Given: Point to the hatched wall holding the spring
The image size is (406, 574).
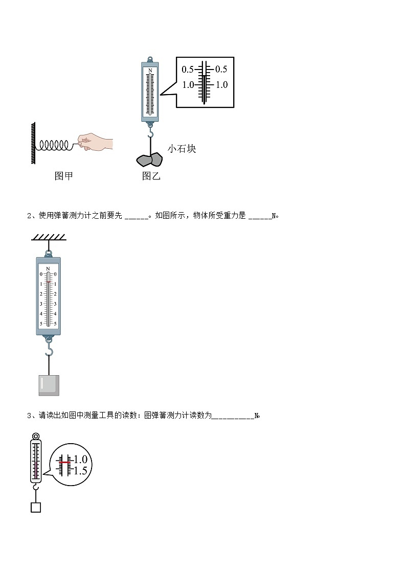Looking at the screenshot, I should pyautogui.click(x=33, y=143).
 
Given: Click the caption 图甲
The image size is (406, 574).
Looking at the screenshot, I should pyautogui.click(x=63, y=176).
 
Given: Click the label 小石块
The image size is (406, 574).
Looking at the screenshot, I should pyautogui.click(x=182, y=149).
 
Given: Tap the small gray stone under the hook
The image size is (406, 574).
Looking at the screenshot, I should pyautogui.click(x=149, y=160).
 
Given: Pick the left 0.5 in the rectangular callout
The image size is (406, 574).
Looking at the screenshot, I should pyautogui.click(x=187, y=70).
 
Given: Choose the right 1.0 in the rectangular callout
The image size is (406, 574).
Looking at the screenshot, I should pyautogui.click(x=221, y=85).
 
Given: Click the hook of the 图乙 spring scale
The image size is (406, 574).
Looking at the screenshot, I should pyautogui.click(x=150, y=133).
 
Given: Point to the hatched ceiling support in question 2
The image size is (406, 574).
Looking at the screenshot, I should pyautogui.click(x=49, y=237).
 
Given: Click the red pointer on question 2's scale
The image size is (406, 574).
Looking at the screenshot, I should pyautogui.click(x=49, y=282).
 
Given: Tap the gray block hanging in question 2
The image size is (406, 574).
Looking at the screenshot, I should pyautogui.click(x=49, y=385).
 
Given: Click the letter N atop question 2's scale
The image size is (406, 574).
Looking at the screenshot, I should pyautogui.click(x=48, y=268).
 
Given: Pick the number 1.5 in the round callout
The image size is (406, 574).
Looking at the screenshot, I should pyautogui.click(x=80, y=471).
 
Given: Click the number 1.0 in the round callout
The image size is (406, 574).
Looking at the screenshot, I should pyautogui.click(x=80, y=460).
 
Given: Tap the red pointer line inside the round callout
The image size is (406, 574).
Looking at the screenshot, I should pyautogui.click(x=64, y=462).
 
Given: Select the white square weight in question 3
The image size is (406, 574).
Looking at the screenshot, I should pyautogui.click(x=35, y=507).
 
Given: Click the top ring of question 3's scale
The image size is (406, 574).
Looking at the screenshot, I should pyautogui.click(x=35, y=437).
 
